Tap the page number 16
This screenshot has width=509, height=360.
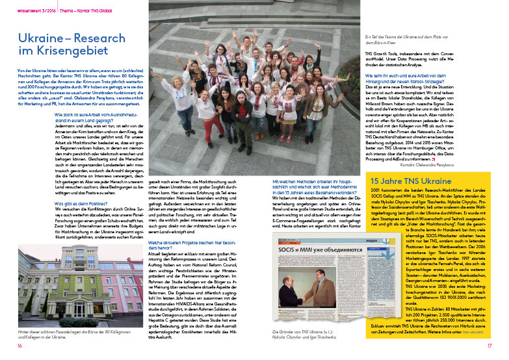(x=20, y=346)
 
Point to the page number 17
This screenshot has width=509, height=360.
(x=489, y=346)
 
